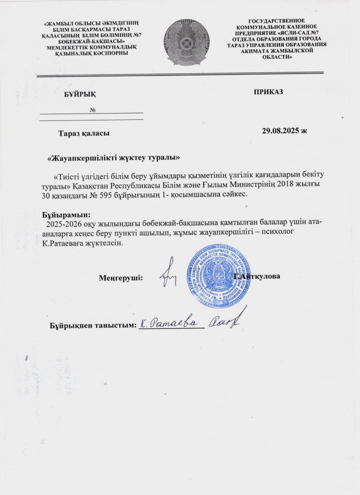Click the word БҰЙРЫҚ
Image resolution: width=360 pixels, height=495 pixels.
(x=80, y=93)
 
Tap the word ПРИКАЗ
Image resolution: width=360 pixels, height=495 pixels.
(x=268, y=92)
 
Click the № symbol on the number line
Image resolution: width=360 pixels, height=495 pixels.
(x=92, y=110)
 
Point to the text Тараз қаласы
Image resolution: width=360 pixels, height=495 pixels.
(x=83, y=134)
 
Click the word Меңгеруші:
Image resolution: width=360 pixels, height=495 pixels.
(x=121, y=278)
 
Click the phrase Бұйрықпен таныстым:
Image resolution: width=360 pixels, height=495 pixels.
(x=93, y=326)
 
